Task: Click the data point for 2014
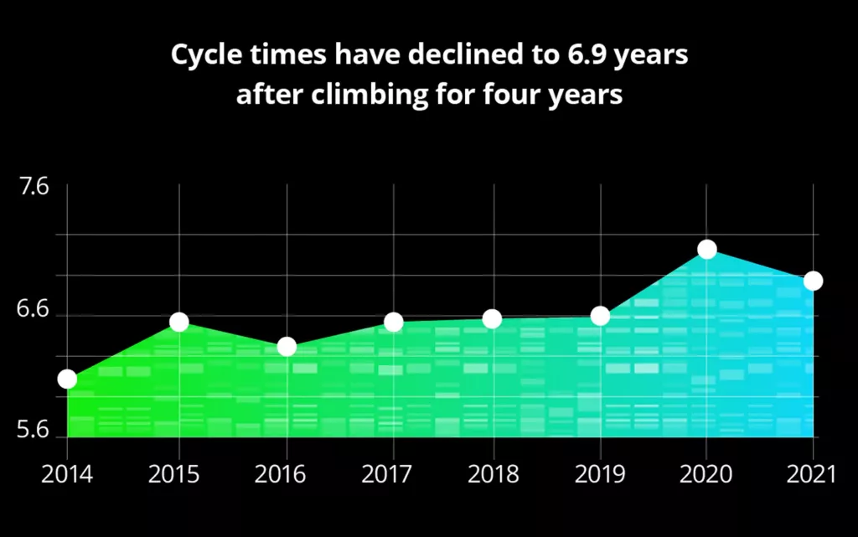[67, 379]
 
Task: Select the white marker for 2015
[179, 322]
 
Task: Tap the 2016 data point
[287, 347]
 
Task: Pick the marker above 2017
[394, 322]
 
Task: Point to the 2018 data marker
[493, 318]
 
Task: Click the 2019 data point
[600, 316]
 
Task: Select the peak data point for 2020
[707, 249]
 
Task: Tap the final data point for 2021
[813, 281]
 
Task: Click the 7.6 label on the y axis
[34, 186]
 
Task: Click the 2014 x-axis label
[67, 475]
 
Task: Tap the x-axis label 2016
[281, 475]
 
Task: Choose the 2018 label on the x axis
[494, 475]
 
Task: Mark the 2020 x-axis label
[706, 475]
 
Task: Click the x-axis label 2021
[812, 475]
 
